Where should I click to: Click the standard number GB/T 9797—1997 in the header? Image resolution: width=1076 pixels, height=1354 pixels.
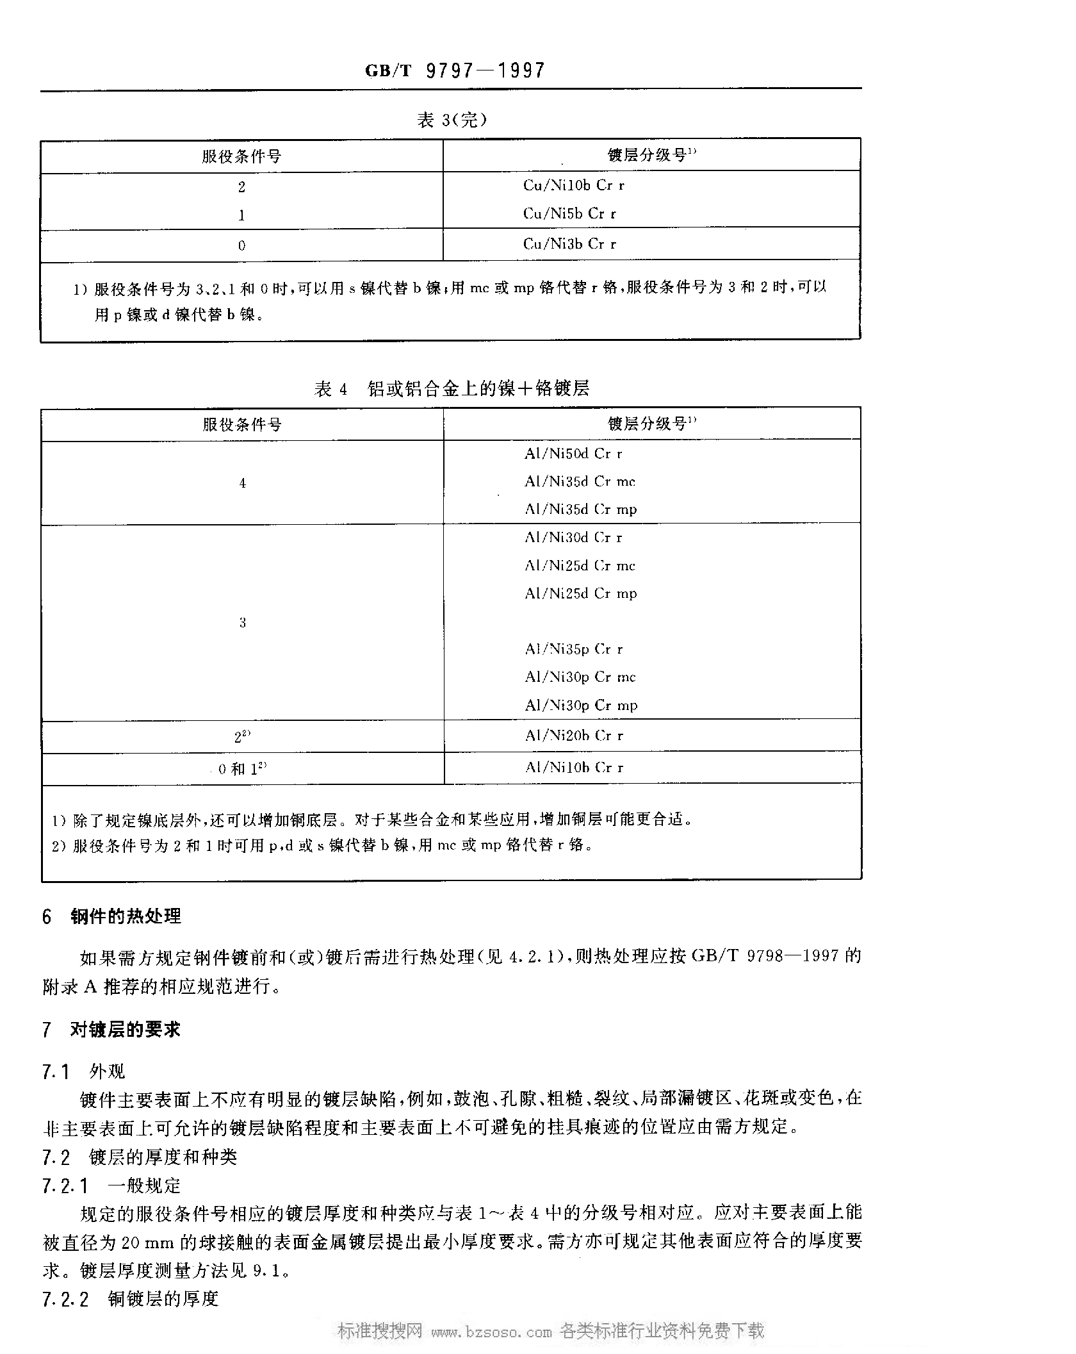tap(455, 70)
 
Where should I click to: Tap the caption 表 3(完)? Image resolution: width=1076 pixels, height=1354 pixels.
tap(452, 120)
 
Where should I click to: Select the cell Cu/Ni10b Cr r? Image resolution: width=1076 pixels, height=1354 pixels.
tap(573, 186)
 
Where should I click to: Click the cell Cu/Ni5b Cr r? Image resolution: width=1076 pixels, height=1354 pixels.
tap(569, 214)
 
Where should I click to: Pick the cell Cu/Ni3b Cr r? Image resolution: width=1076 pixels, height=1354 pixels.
tap(569, 244)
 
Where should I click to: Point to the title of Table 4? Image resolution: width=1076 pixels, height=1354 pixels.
tap(452, 389)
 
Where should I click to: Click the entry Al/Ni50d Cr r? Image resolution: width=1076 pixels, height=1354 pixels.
tap(573, 454)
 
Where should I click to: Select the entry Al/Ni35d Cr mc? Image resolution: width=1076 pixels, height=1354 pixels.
tap(580, 482)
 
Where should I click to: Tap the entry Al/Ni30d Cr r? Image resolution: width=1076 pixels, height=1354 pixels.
tap(573, 538)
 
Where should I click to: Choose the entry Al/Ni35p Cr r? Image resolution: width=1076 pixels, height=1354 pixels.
tap(573, 649)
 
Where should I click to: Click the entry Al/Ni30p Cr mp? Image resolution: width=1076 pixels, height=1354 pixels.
tap(581, 706)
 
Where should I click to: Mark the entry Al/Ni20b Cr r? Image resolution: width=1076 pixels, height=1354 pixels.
tap(574, 736)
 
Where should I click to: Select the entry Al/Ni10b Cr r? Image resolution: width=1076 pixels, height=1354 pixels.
tap(574, 768)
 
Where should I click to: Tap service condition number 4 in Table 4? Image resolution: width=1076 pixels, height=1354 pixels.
tap(242, 484)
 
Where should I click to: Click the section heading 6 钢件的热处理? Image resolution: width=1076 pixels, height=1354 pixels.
tap(112, 917)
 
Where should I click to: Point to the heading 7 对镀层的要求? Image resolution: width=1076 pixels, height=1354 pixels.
tap(112, 1030)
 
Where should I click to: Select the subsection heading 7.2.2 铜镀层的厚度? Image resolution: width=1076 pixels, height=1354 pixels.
tap(131, 1299)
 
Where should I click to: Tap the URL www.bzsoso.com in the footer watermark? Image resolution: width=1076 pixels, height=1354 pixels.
tap(491, 1332)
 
